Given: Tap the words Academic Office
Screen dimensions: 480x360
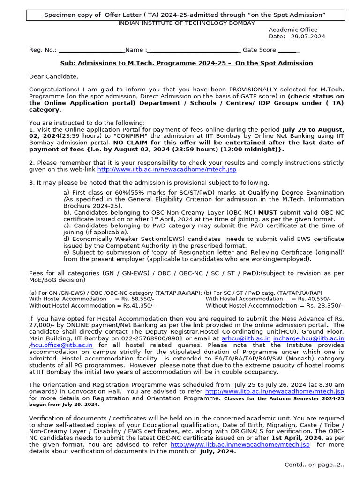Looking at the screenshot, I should click(x=292, y=30).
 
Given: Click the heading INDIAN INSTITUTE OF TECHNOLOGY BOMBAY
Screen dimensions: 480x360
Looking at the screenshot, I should click(x=187, y=23).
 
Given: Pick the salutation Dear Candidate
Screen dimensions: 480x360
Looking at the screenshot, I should click(x=53, y=76).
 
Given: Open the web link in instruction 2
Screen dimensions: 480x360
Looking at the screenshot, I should click(x=166, y=169).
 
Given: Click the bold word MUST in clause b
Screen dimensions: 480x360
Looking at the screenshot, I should click(x=268, y=212).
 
